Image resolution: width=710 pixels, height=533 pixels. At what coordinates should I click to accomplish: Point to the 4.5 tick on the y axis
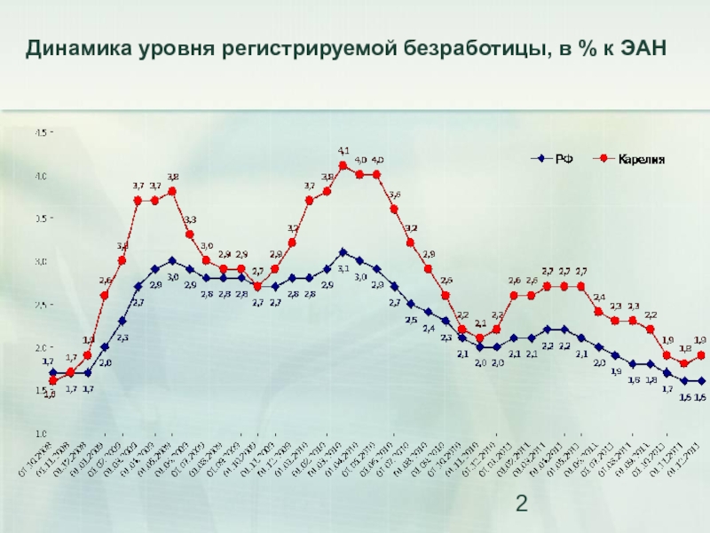(41, 132)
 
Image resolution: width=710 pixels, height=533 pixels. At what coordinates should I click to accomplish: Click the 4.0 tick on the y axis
(41, 176)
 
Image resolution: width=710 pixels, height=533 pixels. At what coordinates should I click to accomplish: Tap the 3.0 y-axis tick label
(41, 261)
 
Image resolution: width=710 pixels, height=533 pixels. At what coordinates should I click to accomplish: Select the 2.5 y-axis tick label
(41, 305)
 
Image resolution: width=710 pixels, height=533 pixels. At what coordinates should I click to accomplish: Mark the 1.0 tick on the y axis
(41, 433)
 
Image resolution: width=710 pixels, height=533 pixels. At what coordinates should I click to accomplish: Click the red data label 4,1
(343, 151)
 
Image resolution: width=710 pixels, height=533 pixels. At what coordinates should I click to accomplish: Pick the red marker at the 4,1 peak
(343, 165)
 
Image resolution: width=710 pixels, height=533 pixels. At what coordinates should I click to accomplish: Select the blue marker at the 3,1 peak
(343, 252)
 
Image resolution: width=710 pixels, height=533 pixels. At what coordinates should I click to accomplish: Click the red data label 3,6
(395, 195)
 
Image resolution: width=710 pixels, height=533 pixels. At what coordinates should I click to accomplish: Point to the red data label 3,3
(190, 219)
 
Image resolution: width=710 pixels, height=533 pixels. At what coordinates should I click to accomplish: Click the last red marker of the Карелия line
(701, 355)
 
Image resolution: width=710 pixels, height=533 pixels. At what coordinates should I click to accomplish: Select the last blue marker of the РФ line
(701, 381)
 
